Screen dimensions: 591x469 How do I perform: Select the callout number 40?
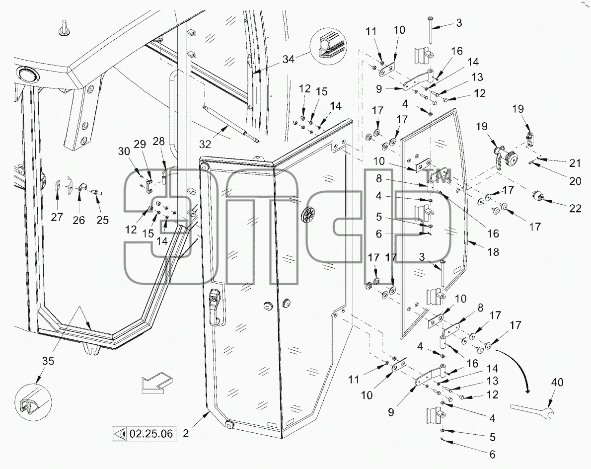pos(557,382)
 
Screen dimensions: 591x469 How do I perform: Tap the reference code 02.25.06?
pos(151,434)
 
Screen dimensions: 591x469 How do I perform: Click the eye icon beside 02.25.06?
pos(120,434)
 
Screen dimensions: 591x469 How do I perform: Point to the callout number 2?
pos(185,434)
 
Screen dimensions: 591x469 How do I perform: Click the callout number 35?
pos(48,361)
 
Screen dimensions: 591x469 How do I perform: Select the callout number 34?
pos(289,59)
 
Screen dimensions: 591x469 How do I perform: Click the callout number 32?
pos(205,144)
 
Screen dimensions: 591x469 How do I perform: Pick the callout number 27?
pos(57,217)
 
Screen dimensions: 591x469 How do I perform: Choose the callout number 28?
pos(159,142)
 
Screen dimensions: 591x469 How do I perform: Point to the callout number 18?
pos(493,252)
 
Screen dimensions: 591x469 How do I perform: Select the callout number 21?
pos(575,163)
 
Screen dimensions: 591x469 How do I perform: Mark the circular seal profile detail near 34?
pos(328,46)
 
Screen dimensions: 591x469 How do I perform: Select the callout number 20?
pos(575,181)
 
